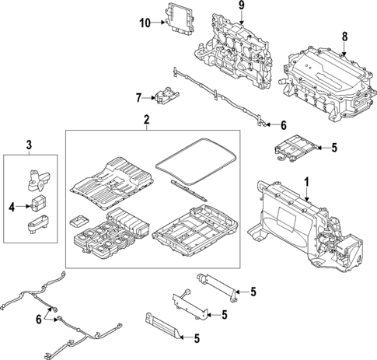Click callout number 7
[138, 98]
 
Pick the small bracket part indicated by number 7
[164, 97]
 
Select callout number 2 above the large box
[145, 120]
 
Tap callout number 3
[30, 144]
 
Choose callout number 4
[12, 206]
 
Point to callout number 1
[306, 183]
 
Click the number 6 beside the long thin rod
[283, 124]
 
